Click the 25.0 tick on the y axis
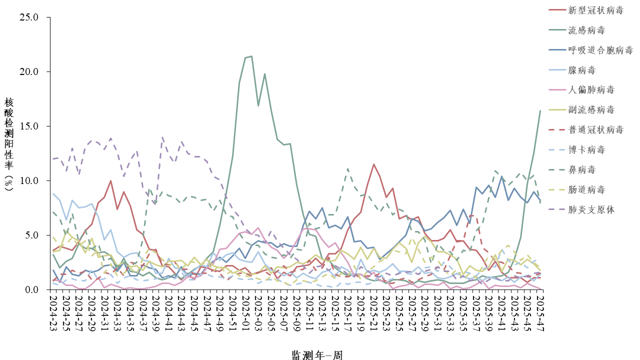[28, 17]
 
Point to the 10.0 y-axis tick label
[28, 180]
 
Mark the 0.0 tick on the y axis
[31, 289]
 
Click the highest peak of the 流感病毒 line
[251, 56]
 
